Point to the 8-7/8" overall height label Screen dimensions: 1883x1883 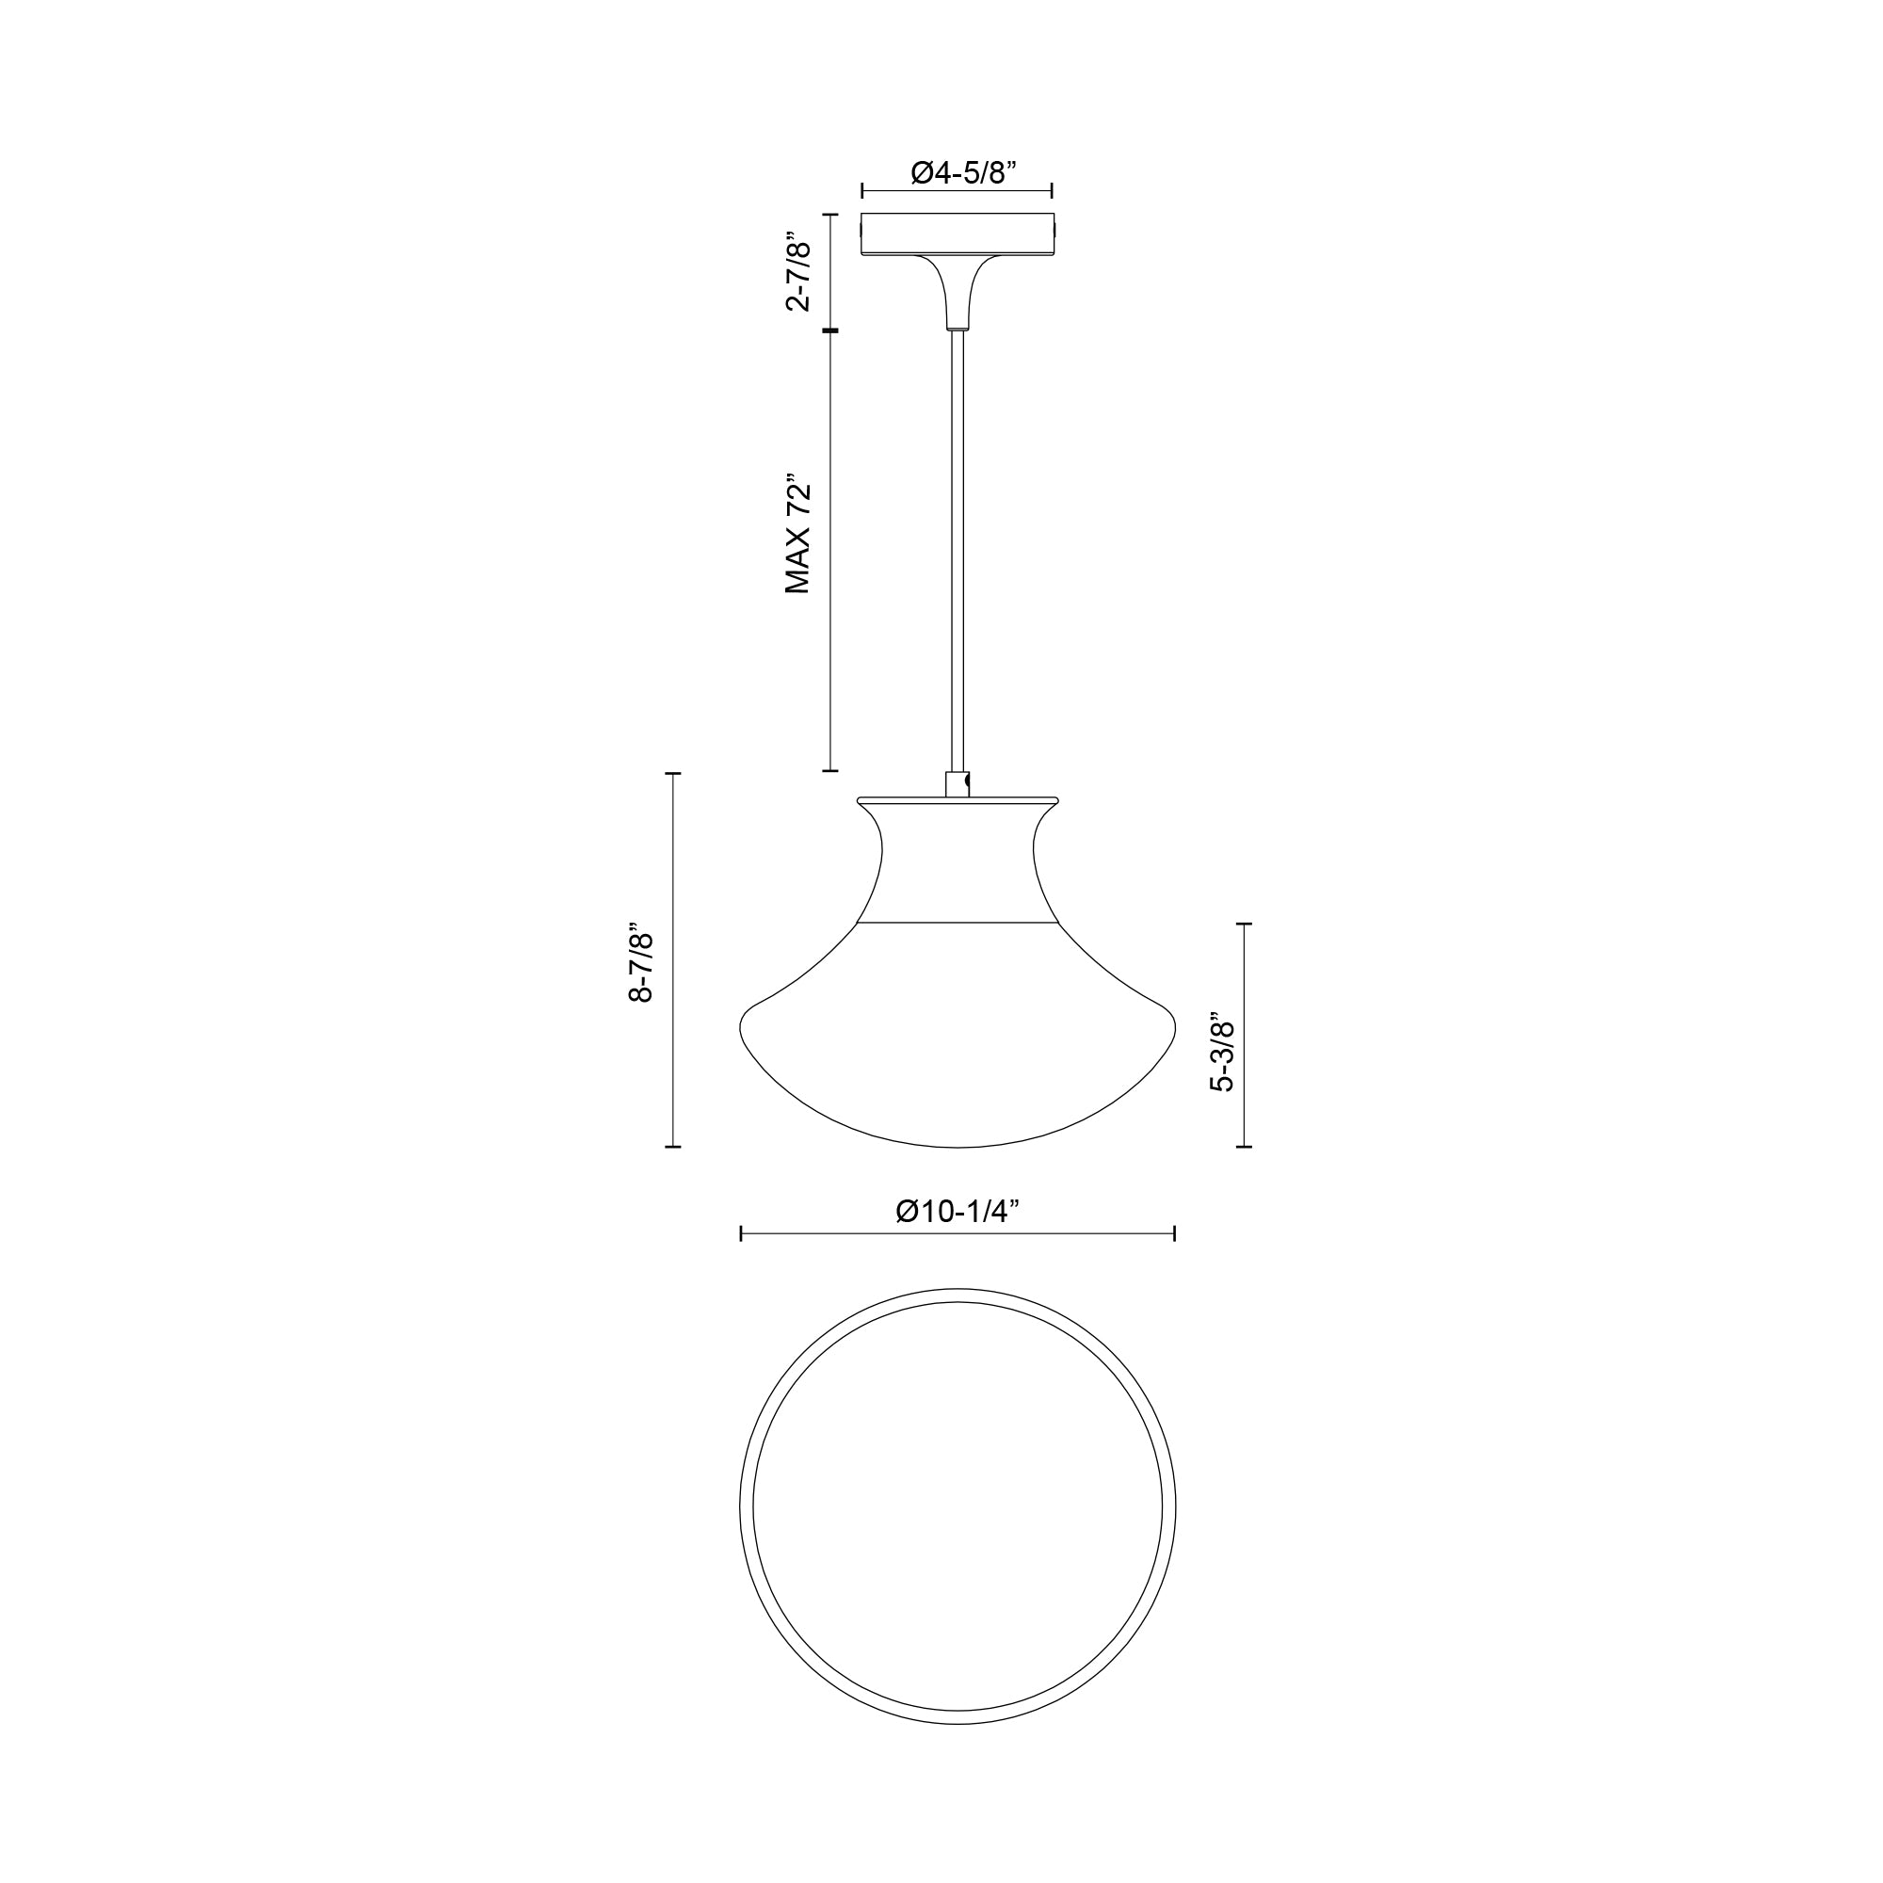(640, 962)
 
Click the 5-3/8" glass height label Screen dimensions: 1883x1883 (1221, 1055)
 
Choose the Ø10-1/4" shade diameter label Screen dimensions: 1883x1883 (958, 1212)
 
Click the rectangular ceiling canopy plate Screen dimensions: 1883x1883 (958, 233)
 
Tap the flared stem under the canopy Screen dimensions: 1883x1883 (958, 293)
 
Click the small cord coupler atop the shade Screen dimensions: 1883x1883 (958, 783)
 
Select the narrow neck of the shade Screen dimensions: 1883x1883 (958, 858)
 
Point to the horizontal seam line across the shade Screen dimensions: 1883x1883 (958, 921)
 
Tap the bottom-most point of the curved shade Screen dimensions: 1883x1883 (958, 1147)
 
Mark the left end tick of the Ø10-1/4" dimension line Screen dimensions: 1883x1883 (742, 1234)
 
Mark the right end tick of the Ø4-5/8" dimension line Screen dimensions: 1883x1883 (1053, 190)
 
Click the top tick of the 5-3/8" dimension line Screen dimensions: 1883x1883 (1244, 923)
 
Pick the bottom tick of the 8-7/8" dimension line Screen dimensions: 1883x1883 (672, 1147)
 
